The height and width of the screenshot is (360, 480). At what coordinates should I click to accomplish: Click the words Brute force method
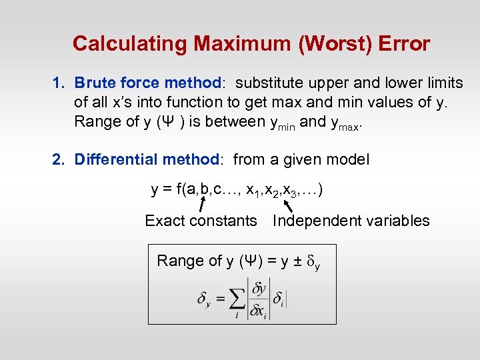click(x=147, y=83)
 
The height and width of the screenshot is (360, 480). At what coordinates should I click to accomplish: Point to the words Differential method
click(x=147, y=160)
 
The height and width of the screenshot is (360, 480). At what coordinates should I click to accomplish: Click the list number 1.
click(x=59, y=83)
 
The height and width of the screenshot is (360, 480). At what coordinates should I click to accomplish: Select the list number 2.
click(x=59, y=160)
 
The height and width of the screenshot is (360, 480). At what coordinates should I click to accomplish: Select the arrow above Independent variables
click(x=287, y=200)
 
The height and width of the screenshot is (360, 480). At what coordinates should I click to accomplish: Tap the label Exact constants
click(x=201, y=221)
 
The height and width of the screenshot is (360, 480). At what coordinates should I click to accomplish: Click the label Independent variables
click(x=351, y=221)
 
